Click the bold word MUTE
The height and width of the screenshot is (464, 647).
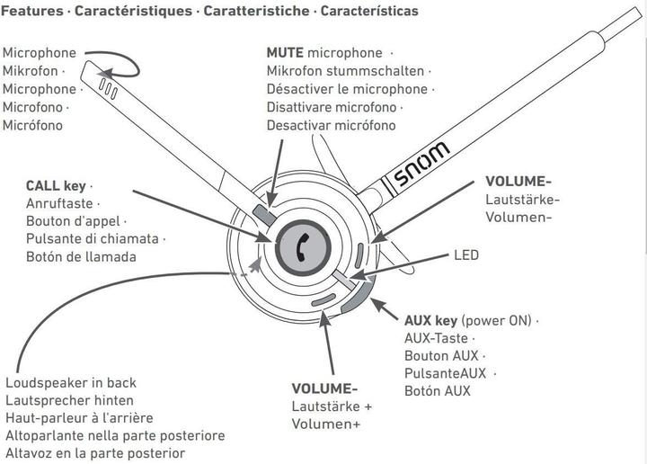coord(285,53)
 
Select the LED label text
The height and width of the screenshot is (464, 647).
coord(466,255)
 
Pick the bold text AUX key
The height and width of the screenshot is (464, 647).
coord(430,321)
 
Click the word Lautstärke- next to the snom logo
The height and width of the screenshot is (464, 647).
coord(522,199)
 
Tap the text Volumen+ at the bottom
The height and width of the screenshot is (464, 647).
coord(326,424)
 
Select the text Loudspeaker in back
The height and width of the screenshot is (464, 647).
coord(71,382)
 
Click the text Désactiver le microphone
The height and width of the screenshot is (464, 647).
coord(347,89)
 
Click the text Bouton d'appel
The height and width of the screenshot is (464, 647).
coord(76,221)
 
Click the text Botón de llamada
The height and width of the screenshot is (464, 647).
coord(81,257)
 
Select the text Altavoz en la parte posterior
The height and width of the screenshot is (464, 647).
coord(95,452)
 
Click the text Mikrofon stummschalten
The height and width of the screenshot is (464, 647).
coord(347,71)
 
